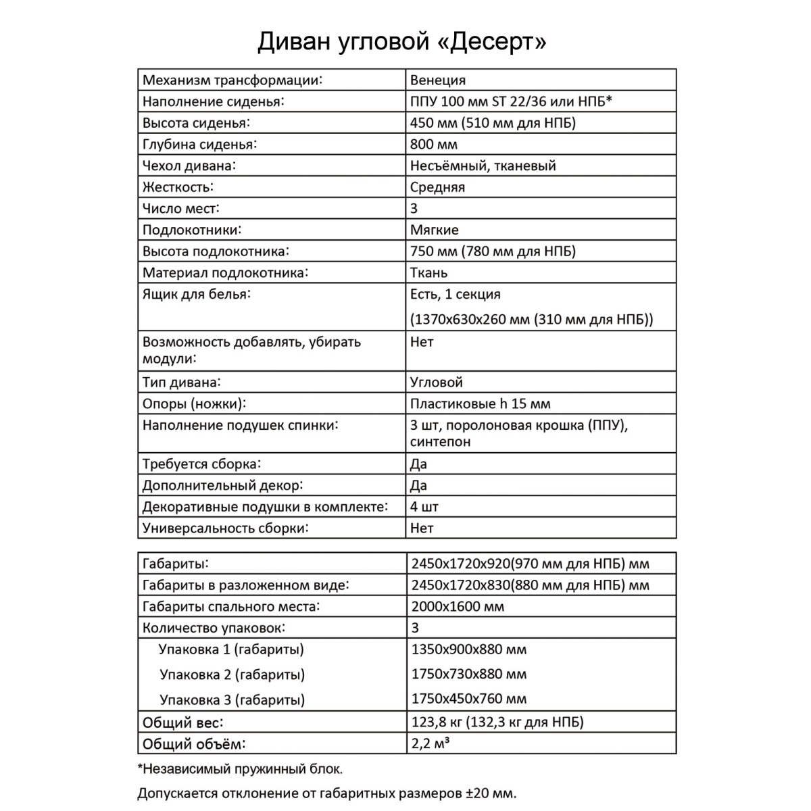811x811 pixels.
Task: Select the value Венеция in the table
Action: pyautogui.click(x=438, y=80)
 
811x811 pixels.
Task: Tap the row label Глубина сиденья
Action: pyautogui.click(x=200, y=145)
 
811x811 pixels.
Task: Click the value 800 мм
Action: pyautogui.click(x=434, y=145)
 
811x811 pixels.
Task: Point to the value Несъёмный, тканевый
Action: pyautogui.click(x=483, y=166)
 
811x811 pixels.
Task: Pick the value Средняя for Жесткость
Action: pyautogui.click(x=437, y=187)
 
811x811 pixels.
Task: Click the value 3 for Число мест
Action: pyautogui.click(x=414, y=209)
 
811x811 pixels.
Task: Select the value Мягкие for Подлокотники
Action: pyautogui.click(x=434, y=230)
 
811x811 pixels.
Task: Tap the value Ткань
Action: pyautogui.click(x=428, y=273)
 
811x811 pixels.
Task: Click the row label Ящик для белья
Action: pyautogui.click(x=197, y=295)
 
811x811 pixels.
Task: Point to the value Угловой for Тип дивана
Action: pyautogui.click(x=437, y=383)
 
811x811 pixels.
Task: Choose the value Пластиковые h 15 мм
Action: pyautogui.click(x=480, y=404)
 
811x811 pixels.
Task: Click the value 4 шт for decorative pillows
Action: pyautogui.click(x=424, y=507)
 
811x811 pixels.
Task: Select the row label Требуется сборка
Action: pyautogui.click(x=201, y=464)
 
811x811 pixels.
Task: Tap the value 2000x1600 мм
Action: pyautogui.click(x=458, y=607)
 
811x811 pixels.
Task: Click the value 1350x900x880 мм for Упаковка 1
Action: pyautogui.click(x=468, y=650)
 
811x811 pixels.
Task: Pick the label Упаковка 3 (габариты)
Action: pyautogui.click(x=232, y=700)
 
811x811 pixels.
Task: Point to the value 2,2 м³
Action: pyautogui.click(x=431, y=744)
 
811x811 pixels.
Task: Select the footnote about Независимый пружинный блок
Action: pyautogui.click(x=240, y=769)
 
